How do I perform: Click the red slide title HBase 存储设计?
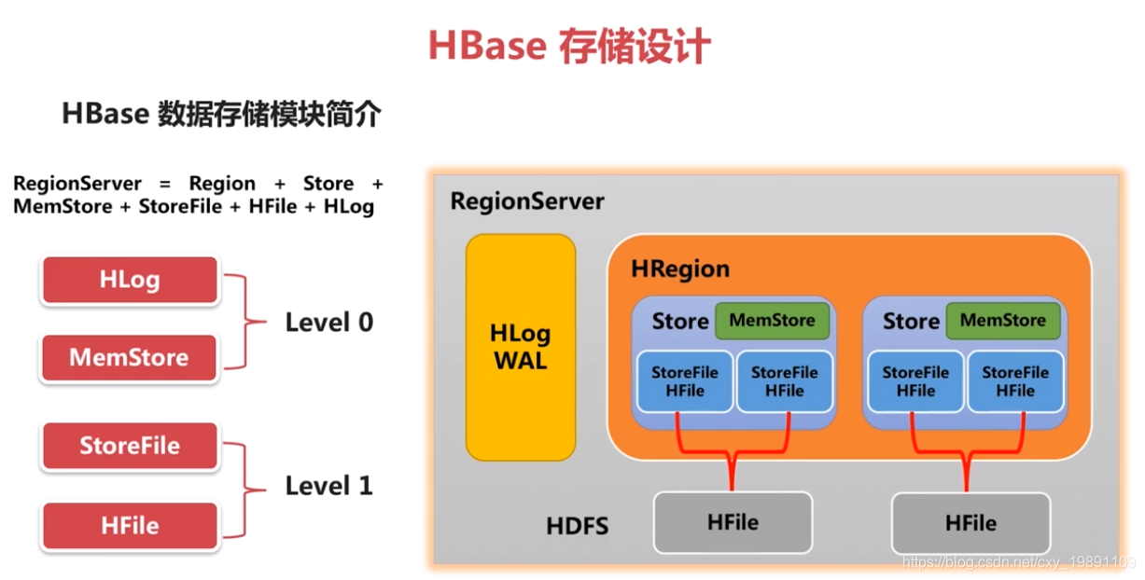[x=568, y=46]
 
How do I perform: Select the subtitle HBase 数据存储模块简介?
[x=222, y=114]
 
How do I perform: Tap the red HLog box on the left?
[x=130, y=280]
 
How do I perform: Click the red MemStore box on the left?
[x=130, y=357]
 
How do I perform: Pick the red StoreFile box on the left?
[x=130, y=446]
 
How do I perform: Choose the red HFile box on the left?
[x=130, y=526]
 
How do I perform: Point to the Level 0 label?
[x=328, y=323]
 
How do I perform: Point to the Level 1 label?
[x=328, y=486]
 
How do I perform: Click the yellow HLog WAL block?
[x=521, y=347]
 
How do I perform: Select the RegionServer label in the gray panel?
[x=527, y=201]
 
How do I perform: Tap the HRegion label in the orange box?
[x=680, y=269]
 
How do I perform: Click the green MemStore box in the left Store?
[x=772, y=321]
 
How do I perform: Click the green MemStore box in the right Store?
[x=1003, y=321]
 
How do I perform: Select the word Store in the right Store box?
[x=911, y=322]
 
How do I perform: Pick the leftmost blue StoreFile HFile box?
[x=685, y=381]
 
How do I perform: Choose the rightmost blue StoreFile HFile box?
[x=1015, y=381]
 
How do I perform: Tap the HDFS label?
[x=578, y=527]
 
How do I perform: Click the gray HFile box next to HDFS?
[x=733, y=523]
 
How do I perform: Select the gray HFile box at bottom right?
[x=970, y=524]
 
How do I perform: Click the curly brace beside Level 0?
[x=245, y=322]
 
